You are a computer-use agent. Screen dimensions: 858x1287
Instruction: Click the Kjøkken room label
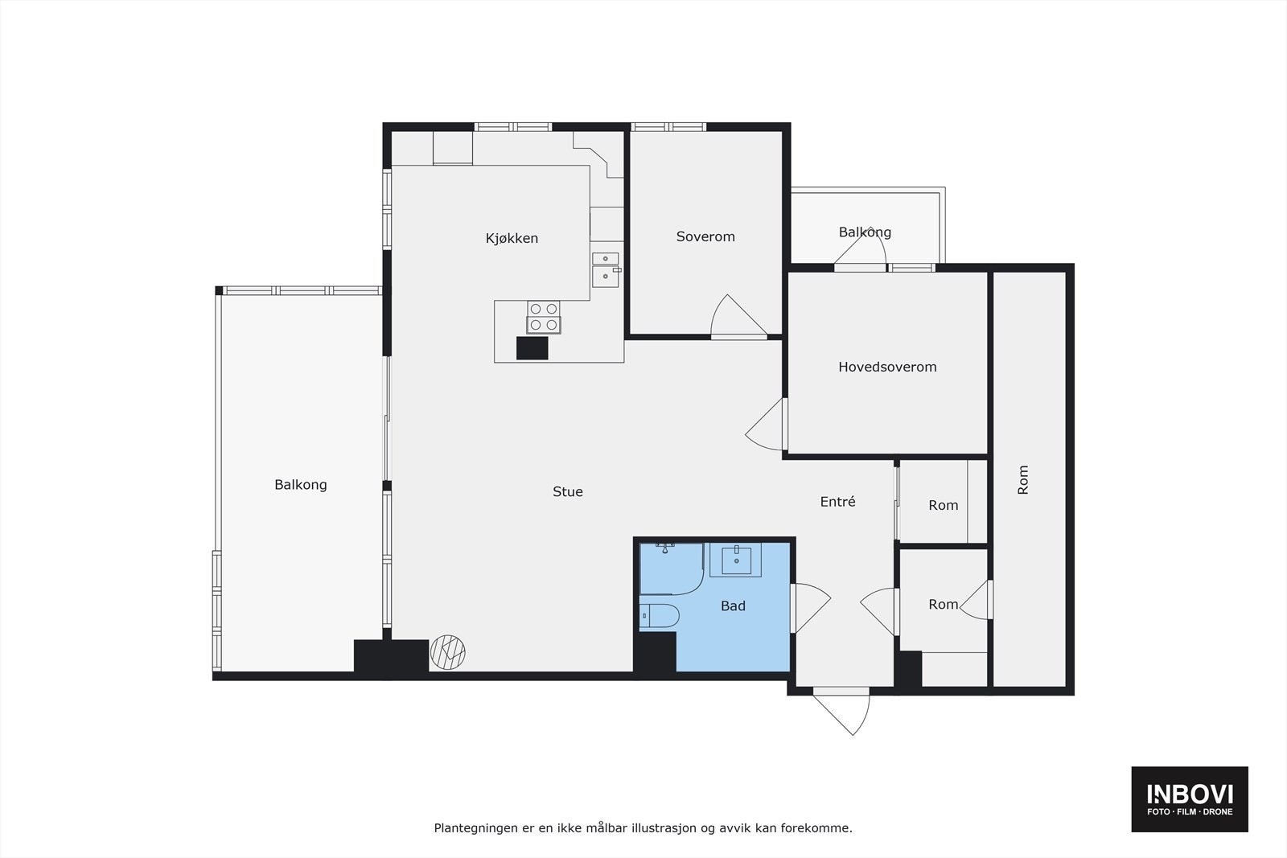512,238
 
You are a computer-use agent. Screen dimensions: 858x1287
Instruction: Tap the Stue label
568,491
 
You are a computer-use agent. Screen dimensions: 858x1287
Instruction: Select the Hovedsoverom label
887,367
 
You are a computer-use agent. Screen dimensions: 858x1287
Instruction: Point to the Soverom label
705,236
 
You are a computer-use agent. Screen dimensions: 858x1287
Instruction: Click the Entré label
837,501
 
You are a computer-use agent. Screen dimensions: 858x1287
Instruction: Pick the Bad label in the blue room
733,606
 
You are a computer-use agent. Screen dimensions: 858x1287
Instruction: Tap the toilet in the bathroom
659,617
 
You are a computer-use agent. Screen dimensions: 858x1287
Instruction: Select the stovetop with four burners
544,317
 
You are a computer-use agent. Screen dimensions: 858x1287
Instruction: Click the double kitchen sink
606,269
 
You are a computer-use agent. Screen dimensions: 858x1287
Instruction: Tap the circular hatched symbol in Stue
447,651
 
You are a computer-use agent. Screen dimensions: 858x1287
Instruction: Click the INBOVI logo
1190,798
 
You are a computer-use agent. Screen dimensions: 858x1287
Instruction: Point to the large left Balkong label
301,485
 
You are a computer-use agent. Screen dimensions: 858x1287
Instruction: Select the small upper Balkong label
865,232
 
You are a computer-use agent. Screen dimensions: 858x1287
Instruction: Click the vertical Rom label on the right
1023,479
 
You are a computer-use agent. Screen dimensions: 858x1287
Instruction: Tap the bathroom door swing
810,607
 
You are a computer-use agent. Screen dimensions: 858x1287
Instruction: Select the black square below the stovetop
532,348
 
